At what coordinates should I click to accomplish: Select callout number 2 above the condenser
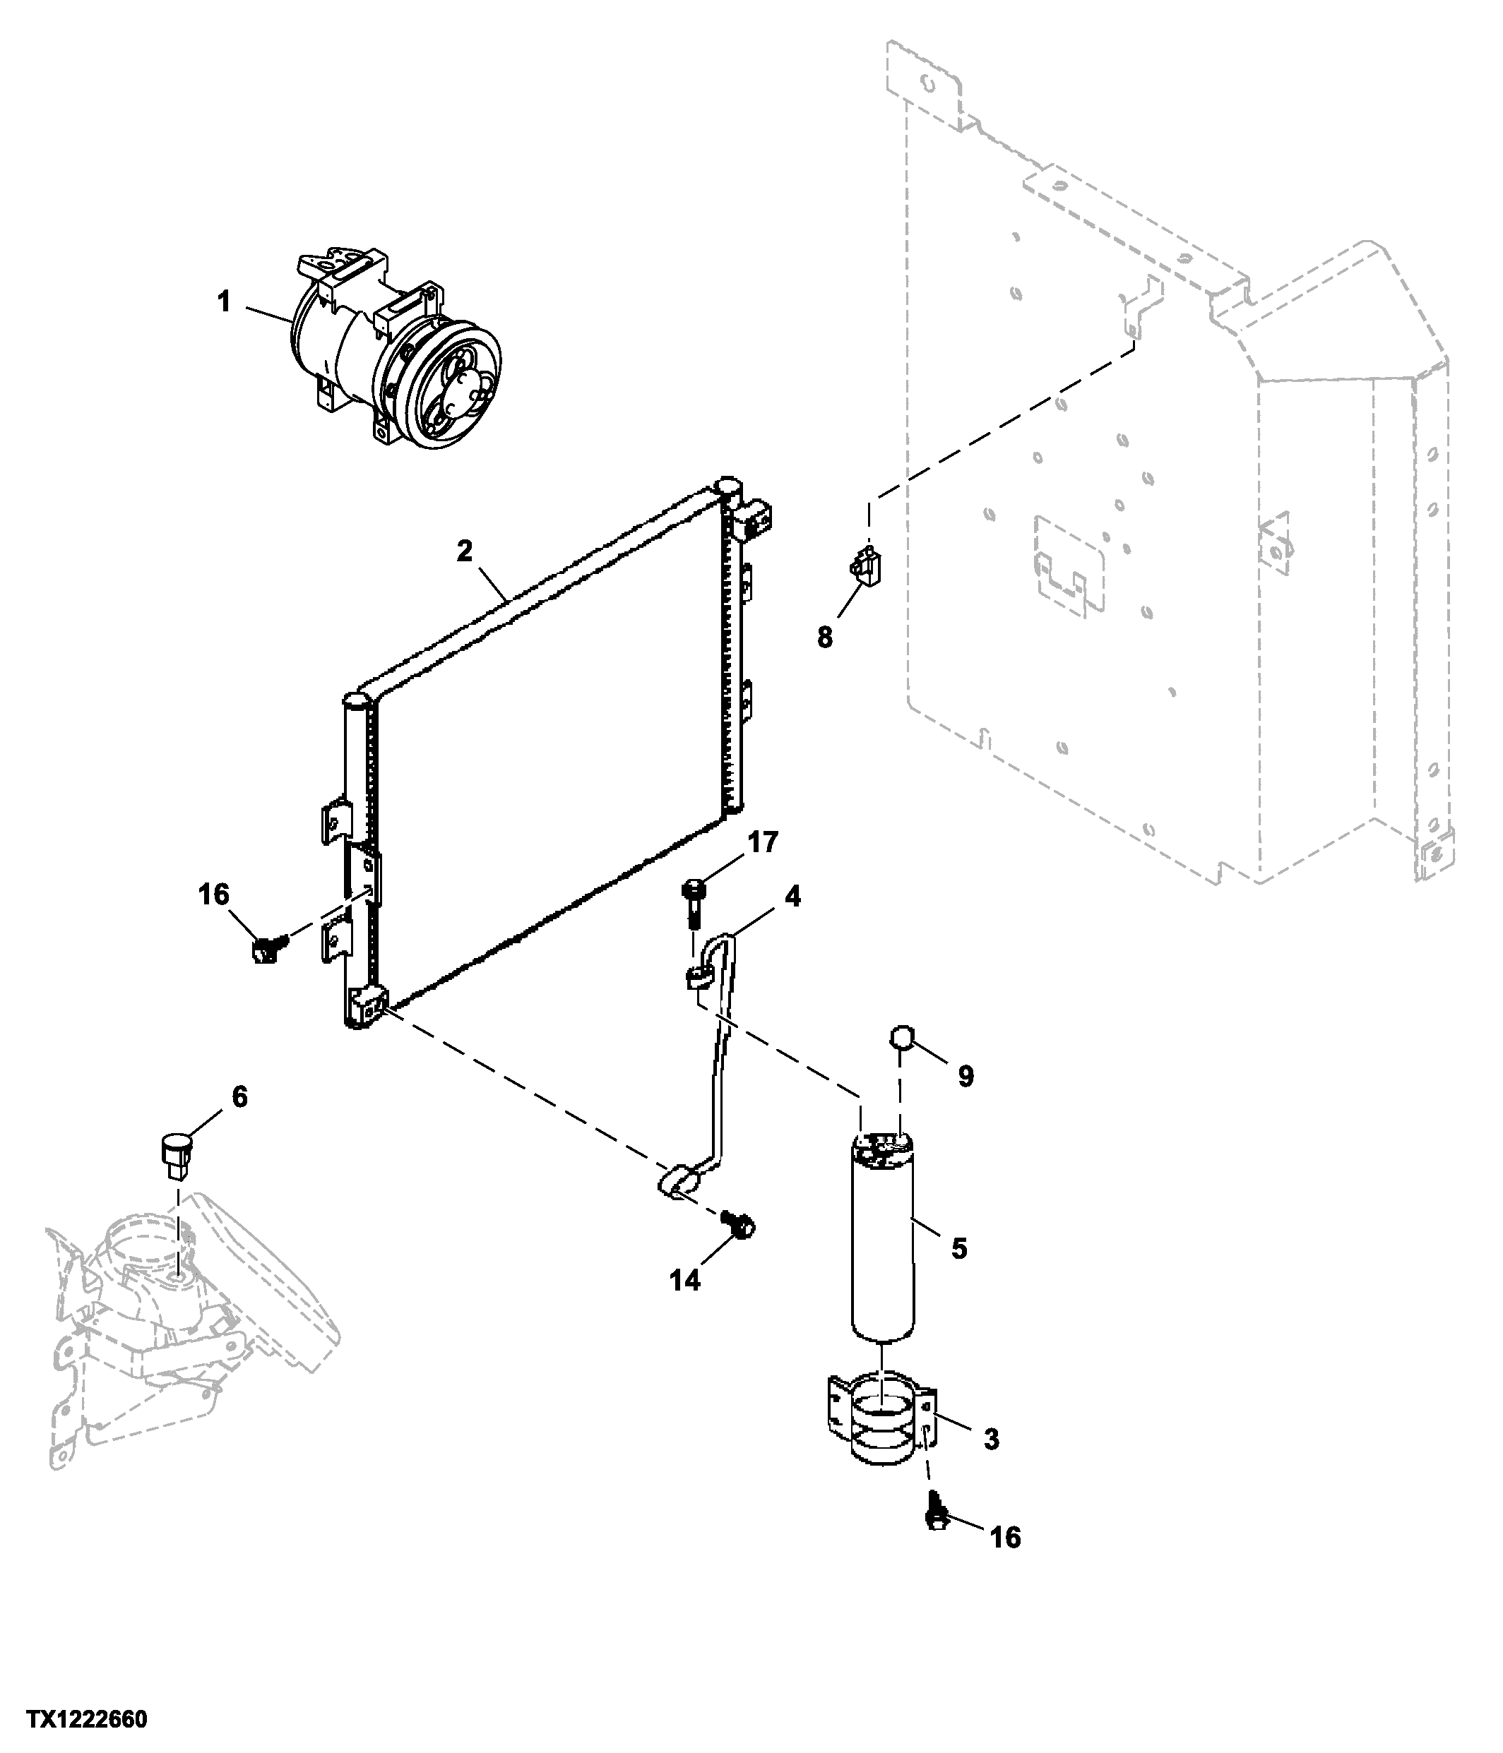[464, 551]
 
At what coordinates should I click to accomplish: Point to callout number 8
[824, 637]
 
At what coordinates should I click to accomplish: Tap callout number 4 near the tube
[792, 896]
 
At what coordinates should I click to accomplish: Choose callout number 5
[959, 1248]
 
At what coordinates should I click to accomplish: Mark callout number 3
[991, 1438]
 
